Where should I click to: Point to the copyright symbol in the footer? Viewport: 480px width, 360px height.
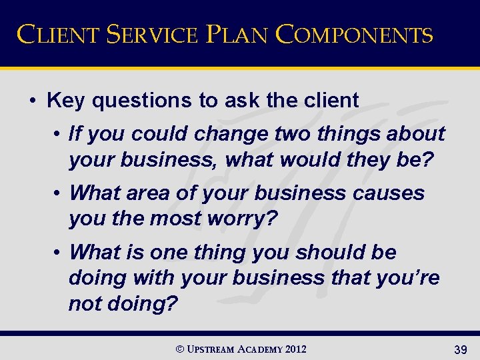pyautogui.click(x=178, y=348)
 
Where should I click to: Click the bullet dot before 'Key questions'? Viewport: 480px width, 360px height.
pyautogui.click(x=33, y=101)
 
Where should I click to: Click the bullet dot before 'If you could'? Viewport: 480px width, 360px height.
pyautogui.click(x=59, y=134)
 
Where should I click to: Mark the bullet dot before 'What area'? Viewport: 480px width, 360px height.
pyautogui.click(x=59, y=193)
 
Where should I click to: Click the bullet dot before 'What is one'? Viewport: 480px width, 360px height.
pyautogui.click(x=59, y=253)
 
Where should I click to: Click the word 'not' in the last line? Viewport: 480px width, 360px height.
pyautogui.click(x=85, y=303)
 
